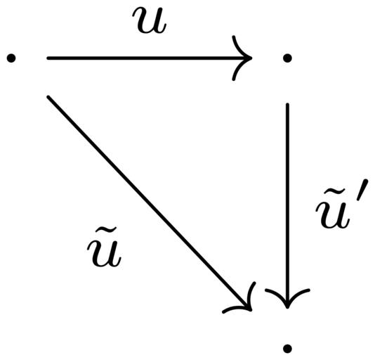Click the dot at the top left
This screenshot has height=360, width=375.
coord(11,58)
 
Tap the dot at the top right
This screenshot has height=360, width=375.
coord(287,58)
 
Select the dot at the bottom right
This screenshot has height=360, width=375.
coord(287,349)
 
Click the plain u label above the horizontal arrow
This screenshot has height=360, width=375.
coord(150,20)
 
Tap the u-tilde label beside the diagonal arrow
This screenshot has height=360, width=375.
coord(105,247)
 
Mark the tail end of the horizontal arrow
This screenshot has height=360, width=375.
coord(48,58)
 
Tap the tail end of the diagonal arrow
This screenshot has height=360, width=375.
coord(48,97)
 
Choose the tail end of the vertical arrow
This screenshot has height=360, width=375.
coord(287,104)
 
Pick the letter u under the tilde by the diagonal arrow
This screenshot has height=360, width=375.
coord(105,255)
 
